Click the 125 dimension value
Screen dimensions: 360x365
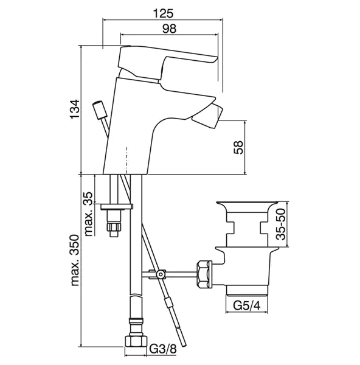163,13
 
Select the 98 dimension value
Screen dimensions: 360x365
169,29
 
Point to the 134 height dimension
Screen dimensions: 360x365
75,109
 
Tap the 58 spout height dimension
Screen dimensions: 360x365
238,147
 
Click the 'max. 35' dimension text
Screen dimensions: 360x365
88,214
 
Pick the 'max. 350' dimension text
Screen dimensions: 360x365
75,260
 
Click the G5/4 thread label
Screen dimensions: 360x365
247,305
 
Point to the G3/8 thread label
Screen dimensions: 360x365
163,349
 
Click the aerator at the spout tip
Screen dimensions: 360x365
208,117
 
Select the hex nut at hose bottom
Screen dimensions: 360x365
136,342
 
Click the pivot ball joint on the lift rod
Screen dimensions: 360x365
160,274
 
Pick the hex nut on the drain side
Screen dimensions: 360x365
204,274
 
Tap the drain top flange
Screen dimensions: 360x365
247,207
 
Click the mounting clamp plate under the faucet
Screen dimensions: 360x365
117,206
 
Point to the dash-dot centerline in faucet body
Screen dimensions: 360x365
126,161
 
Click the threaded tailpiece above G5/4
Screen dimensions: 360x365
247,290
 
